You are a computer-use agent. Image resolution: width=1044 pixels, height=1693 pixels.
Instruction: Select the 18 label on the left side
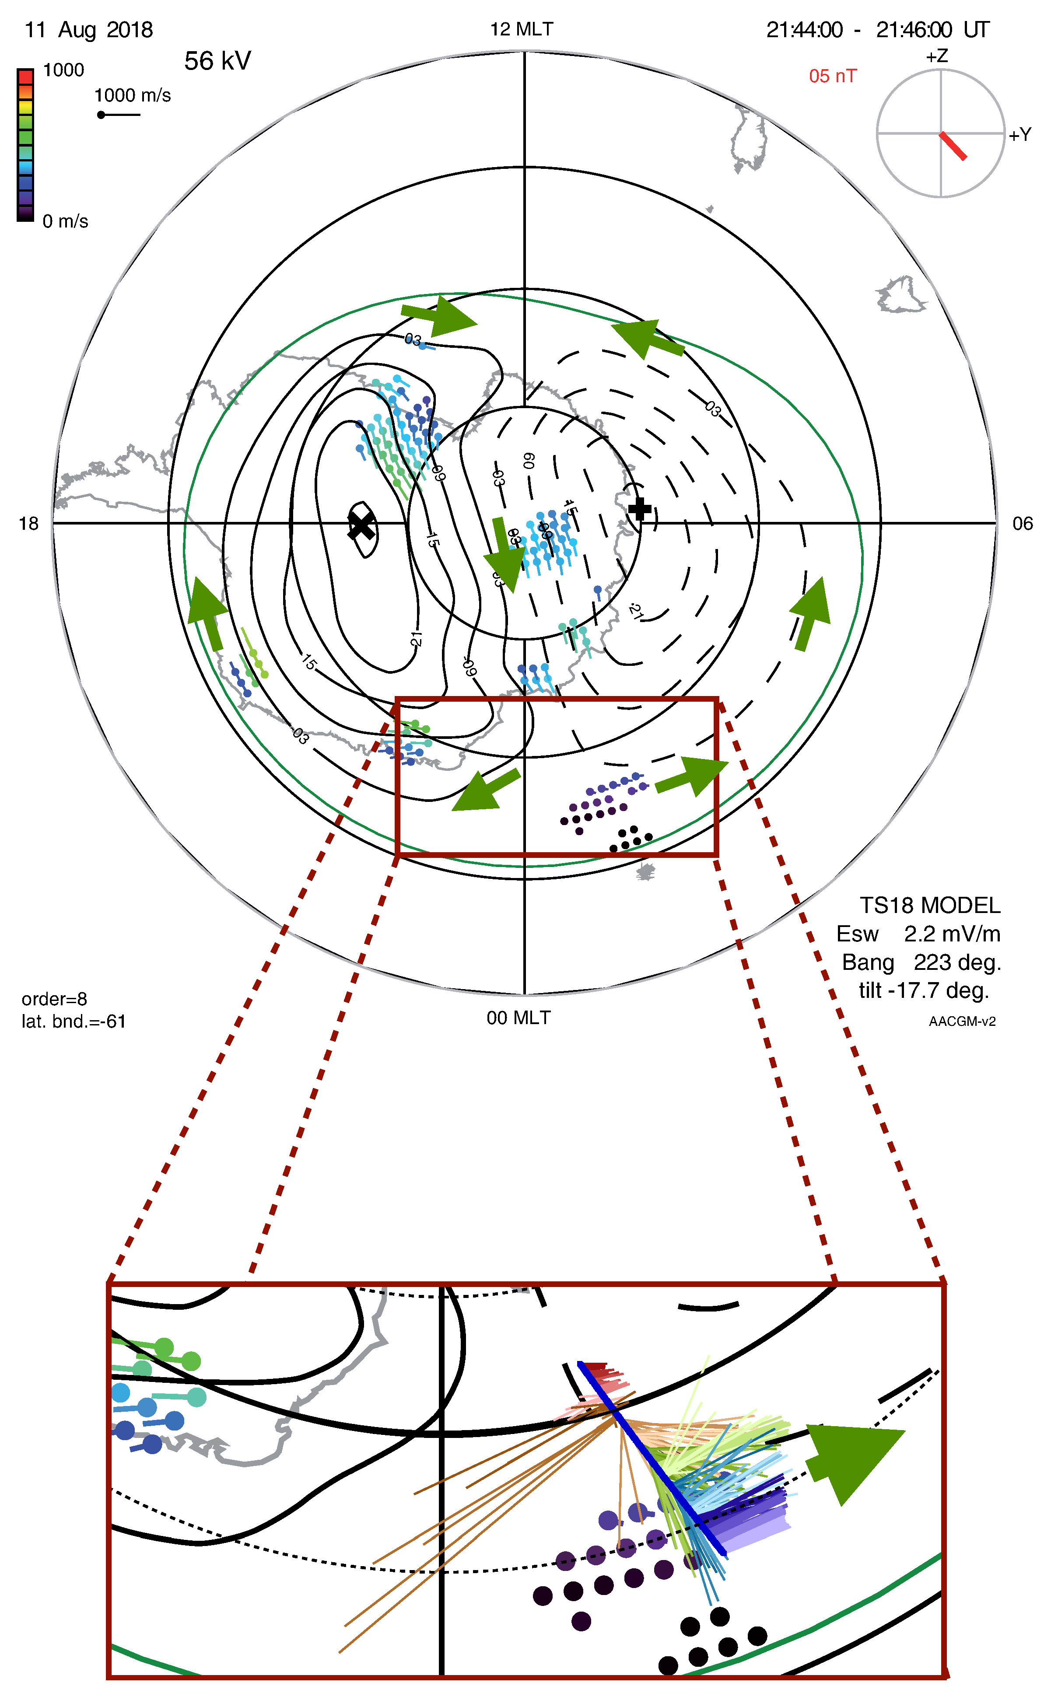point(28,524)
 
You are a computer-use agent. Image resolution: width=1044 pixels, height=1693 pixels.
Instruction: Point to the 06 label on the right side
point(1022,524)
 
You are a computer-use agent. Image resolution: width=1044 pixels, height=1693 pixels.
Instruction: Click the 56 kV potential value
point(217,61)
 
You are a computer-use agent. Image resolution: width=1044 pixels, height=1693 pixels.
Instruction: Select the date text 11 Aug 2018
point(88,30)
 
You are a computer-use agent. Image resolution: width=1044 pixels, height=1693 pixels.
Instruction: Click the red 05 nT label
point(832,76)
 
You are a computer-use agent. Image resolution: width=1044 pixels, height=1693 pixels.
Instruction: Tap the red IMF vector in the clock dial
point(953,146)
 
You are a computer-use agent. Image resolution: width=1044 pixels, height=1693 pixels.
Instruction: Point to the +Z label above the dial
point(937,56)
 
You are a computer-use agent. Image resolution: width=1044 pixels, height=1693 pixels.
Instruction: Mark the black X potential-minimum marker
point(361,526)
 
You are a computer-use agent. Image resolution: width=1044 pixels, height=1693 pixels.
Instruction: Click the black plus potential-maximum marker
point(639,509)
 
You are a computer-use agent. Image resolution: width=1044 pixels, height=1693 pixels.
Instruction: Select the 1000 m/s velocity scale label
point(133,95)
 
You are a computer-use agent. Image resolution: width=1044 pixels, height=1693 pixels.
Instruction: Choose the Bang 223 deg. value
point(921,962)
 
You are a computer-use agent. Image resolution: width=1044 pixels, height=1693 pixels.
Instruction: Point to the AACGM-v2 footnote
point(962,1021)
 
